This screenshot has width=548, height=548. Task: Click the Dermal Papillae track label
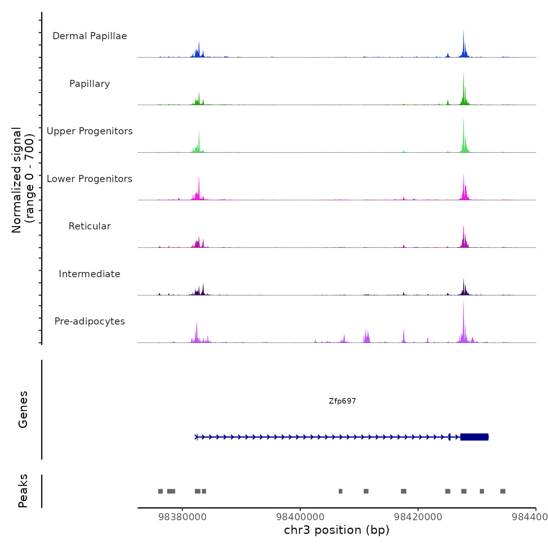(x=90, y=36)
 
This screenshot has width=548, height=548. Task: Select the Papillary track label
(x=90, y=84)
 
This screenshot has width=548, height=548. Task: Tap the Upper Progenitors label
(x=90, y=131)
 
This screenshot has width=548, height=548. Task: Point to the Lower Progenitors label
(x=90, y=179)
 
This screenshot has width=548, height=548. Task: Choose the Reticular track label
(x=90, y=226)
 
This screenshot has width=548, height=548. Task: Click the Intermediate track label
(x=90, y=274)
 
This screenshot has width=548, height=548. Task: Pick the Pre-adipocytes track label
(x=90, y=321)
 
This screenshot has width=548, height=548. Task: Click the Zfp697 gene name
(x=342, y=401)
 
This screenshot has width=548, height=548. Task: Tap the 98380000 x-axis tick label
(x=182, y=517)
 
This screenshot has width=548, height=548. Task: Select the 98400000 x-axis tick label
(x=300, y=517)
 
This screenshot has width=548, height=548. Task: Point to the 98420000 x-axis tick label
(x=418, y=517)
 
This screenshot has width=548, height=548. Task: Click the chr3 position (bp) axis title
(x=337, y=530)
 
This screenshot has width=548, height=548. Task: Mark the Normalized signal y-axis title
(x=23, y=180)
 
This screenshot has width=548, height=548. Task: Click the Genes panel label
(x=23, y=409)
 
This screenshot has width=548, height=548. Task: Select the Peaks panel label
(x=23, y=491)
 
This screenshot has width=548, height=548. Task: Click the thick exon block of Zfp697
(x=474, y=437)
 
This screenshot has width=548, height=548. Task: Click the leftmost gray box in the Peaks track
(x=160, y=491)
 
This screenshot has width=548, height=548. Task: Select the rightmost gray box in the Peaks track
(x=503, y=491)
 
